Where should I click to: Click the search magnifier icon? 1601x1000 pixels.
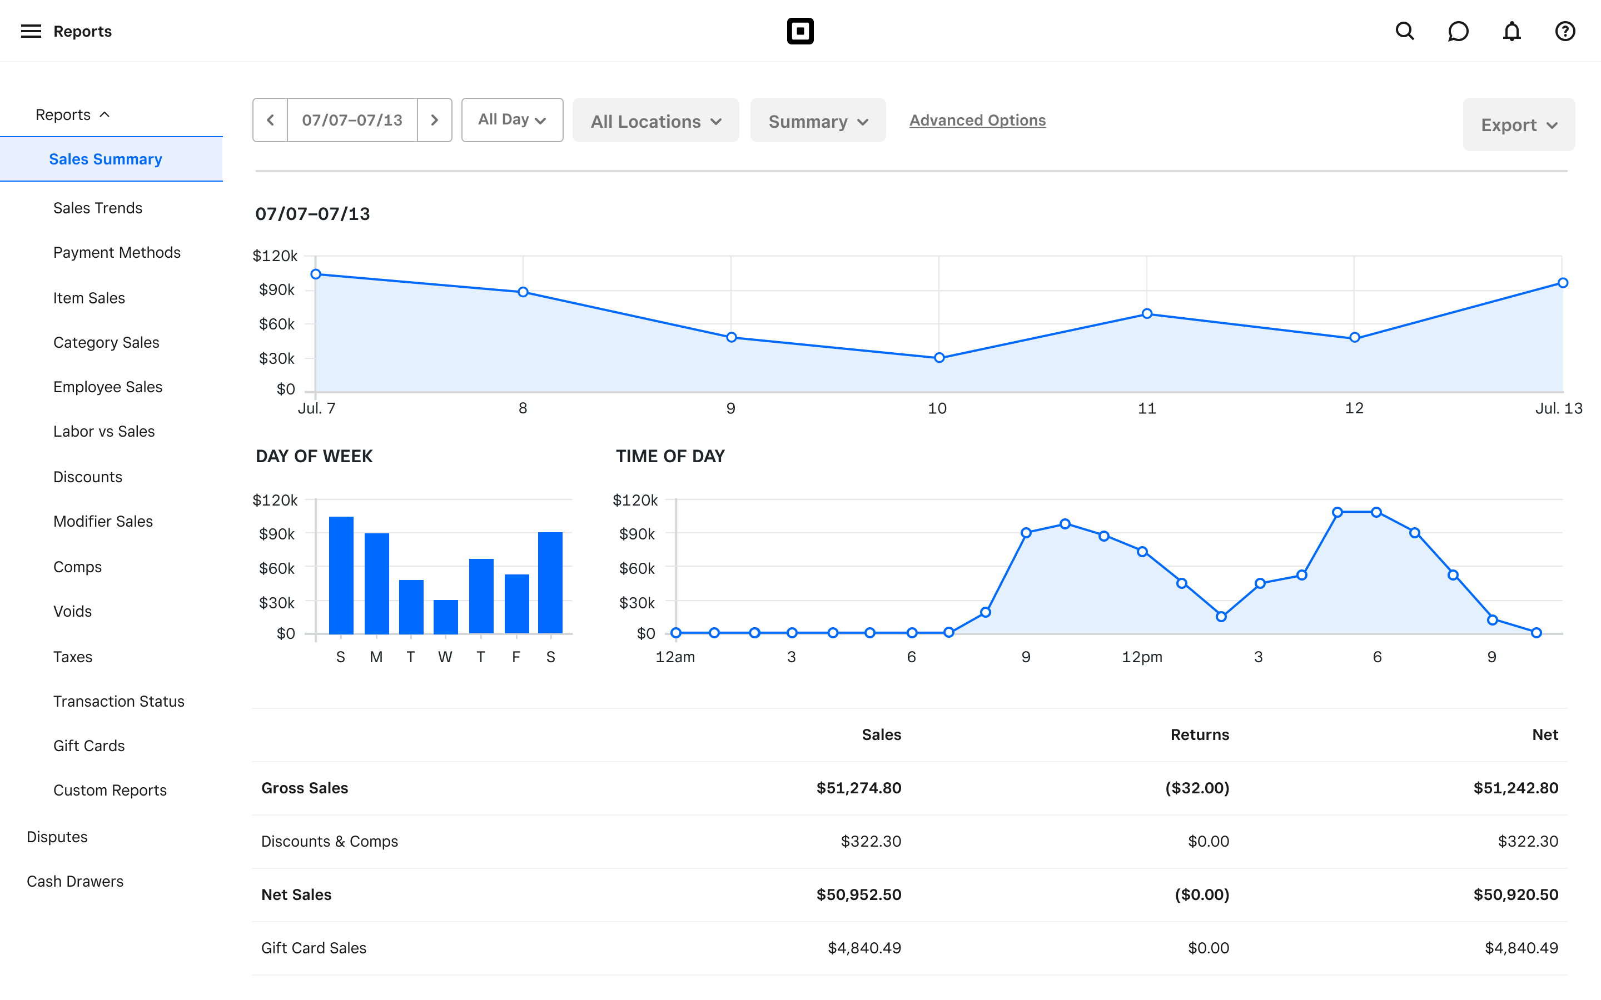(x=1405, y=31)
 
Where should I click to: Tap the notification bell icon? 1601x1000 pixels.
(x=1511, y=31)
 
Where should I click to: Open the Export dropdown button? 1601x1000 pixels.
(x=1518, y=125)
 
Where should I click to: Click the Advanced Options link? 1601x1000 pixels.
(x=977, y=121)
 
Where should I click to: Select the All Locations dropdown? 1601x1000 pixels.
(x=655, y=121)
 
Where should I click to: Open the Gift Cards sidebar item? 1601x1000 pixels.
(x=88, y=746)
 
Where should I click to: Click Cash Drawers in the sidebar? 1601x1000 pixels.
(x=74, y=881)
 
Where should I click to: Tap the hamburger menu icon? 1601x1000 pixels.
(x=31, y=31)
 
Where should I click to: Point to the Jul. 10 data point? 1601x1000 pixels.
(x=939, y=358)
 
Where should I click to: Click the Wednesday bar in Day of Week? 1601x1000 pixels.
(x=445, y=617)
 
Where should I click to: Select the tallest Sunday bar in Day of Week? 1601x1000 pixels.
(x=341, y=575)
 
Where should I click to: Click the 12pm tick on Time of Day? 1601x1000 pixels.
(x=1142, y=657)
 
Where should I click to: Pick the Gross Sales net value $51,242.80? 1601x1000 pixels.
(x=1515, y=788)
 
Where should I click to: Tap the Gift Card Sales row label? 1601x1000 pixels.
(x=314, y=948)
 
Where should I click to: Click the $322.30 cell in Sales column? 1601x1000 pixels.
(x=870, y=841)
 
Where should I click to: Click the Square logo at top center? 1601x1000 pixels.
(x=800, y=31)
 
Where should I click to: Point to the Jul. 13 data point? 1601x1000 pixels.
(x=1563, y=283)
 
